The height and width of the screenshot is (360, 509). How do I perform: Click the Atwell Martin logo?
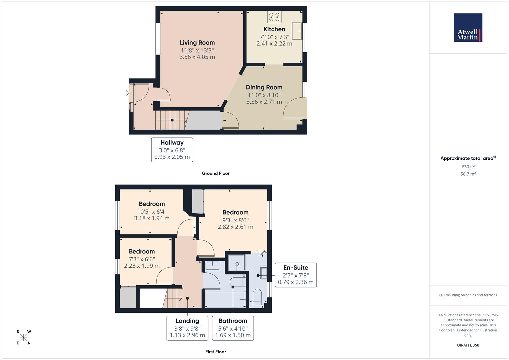[468, 27]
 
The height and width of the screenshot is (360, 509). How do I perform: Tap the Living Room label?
[197, 43]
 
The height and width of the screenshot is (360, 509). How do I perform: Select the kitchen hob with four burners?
[274, 17]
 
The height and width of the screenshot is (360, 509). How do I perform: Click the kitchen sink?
[297, 31]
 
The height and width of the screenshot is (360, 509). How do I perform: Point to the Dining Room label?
[264, 87]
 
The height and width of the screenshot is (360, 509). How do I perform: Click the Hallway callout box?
[172, 150]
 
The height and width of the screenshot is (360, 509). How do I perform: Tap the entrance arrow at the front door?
[127, 93]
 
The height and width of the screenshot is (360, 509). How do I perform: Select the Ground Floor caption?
[216, 173]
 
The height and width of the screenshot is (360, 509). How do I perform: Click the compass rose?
[23, 337]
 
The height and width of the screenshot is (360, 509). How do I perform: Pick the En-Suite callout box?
[296, 275]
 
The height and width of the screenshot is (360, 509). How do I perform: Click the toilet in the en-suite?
[257, 298]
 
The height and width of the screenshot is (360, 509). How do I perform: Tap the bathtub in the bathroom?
[225, 299]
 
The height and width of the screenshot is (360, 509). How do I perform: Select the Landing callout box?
[187, 328]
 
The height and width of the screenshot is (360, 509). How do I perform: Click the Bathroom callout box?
[233, 328]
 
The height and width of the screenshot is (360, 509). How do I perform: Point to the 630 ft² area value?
[468, 167]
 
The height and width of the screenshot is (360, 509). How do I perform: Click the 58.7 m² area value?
[468, 174]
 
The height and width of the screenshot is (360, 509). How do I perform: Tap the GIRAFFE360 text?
[468, 345]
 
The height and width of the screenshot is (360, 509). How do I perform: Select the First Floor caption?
[216, 352]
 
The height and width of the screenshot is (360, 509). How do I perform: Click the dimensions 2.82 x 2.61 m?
[235, 227]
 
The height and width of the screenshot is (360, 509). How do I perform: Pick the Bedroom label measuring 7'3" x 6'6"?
[142, 252]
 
